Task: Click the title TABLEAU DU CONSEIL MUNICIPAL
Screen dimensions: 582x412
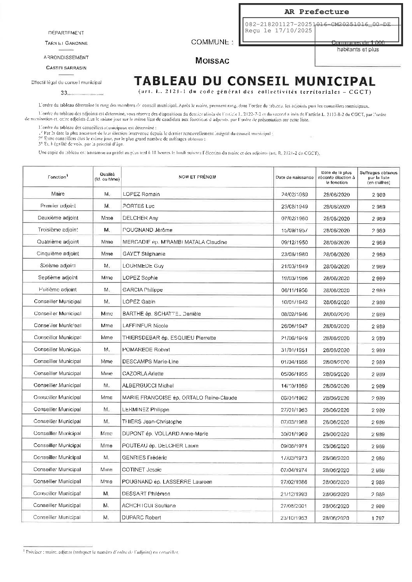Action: [255, 81]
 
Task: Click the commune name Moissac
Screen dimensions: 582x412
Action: [212, 61]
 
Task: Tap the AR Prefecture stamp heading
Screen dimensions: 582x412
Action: [316, 12]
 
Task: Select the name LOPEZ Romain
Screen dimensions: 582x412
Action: [141, 194]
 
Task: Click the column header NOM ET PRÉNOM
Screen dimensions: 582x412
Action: [197, 177]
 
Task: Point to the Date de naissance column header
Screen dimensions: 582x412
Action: [294, 177]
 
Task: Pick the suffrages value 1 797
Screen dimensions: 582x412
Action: [378, 518]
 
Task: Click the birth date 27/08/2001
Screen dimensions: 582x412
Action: [294, 506]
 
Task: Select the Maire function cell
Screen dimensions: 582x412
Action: [58, 194]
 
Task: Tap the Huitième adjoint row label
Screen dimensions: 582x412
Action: [58, 289]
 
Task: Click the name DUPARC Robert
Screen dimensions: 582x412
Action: [141, 518]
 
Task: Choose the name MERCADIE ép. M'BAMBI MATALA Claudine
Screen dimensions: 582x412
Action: [174, 242]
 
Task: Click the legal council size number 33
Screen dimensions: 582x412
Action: [64, 93]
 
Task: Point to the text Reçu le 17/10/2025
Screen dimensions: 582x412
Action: [278, 31]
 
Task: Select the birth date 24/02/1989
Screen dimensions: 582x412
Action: [294, 195]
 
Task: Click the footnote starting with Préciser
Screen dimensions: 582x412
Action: [101, 552]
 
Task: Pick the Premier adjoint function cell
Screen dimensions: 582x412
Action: [58, 206]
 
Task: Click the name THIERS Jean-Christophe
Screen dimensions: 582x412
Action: [152, 422]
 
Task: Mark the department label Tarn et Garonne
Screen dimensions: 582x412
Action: [66, 43]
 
